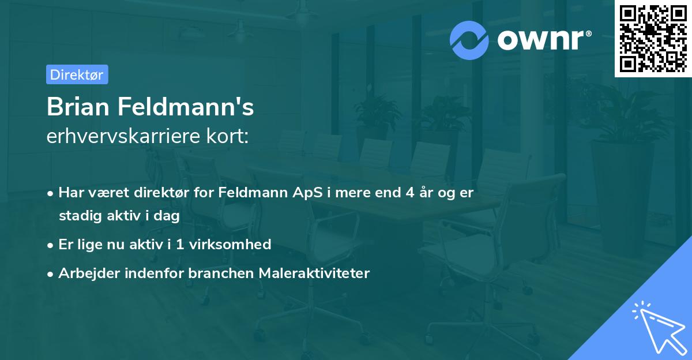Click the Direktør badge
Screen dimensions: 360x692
pos(77,74)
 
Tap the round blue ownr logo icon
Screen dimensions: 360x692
pos(469,40)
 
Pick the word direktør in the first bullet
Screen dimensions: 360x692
pos(165,193)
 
